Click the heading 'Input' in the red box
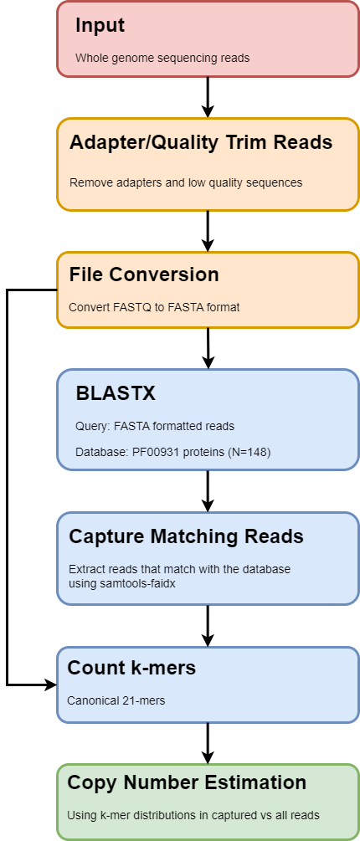100,26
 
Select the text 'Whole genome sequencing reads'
162,59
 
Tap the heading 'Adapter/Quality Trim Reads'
201,142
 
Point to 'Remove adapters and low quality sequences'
185,182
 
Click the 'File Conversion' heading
144,274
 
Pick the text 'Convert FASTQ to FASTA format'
154,307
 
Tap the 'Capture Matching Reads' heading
186,536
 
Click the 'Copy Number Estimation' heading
187,783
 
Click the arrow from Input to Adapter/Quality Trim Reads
208,97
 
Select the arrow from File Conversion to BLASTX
208,348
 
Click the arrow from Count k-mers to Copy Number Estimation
208,742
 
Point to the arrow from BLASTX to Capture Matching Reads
208,491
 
